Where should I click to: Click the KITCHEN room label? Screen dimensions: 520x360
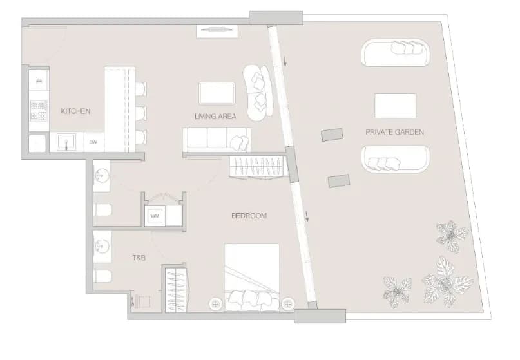click(75, 111)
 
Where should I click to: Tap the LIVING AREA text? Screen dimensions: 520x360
click(215, 117)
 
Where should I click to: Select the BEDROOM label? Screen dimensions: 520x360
click(249, 216)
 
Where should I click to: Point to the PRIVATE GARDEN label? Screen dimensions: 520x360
click(394, 132)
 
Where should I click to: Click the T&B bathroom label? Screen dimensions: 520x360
click(139, 258)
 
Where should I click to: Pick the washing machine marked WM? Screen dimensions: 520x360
click(155, 216)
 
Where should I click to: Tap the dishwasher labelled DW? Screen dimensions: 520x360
click(93, 142)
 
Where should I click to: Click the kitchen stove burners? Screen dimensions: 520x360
click(39, 111)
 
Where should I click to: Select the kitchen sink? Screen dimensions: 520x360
click(66, 142)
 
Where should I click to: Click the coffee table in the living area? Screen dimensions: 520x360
click(217, 93)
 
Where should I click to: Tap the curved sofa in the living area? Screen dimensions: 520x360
click(258, 94)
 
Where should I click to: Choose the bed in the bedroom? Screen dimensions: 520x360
click(252, 278)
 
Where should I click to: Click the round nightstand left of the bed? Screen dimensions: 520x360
click(216, 303)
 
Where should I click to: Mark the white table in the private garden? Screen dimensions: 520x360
click(395, 106)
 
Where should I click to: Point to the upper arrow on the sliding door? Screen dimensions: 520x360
click(284, 61)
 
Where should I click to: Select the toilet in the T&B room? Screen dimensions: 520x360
click(102, 276)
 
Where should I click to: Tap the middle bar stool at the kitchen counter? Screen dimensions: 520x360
click(141, 113)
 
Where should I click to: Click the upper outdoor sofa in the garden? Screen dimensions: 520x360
click(396, 53)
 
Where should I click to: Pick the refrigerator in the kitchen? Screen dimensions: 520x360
click(39, 81)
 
